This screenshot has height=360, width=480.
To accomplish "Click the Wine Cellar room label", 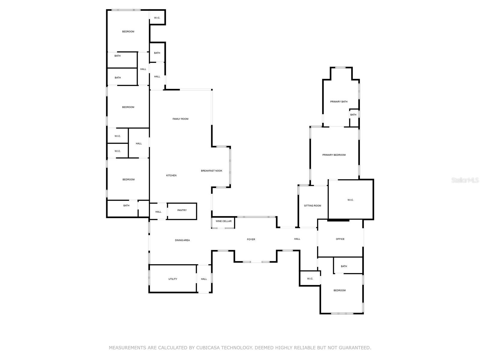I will tap(223, 221).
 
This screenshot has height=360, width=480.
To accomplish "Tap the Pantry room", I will tap(182, 210).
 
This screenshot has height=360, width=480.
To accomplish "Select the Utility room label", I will tap(173, 279).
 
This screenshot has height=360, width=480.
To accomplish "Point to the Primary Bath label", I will tap(339, 102).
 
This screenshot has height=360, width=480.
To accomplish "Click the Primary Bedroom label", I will tap(334, 155).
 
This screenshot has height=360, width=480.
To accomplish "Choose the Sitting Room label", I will tap(313, 206).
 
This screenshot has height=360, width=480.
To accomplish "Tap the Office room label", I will tap(340, 239).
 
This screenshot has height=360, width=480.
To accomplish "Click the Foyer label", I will tap(251, 239).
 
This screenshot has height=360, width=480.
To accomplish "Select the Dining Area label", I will tap(182, 240).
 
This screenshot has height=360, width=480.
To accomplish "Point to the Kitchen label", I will tap(171, 175).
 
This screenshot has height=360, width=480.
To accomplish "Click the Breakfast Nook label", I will tap(211, 171).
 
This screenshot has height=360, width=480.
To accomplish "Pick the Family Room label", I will tap(180, 119).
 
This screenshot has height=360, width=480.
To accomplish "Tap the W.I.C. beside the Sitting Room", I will tap(350, 200).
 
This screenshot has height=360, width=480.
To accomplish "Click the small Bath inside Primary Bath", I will tap(353, 115).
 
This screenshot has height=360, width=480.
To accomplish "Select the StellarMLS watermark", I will tap(465, 180).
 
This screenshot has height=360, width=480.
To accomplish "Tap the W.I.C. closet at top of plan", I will tap(157, 18).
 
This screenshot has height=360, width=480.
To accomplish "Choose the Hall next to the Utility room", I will tap(204, 279).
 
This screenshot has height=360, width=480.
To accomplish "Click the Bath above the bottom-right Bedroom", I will tap(344, 266).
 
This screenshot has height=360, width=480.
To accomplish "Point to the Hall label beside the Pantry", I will tap(158, 212).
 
